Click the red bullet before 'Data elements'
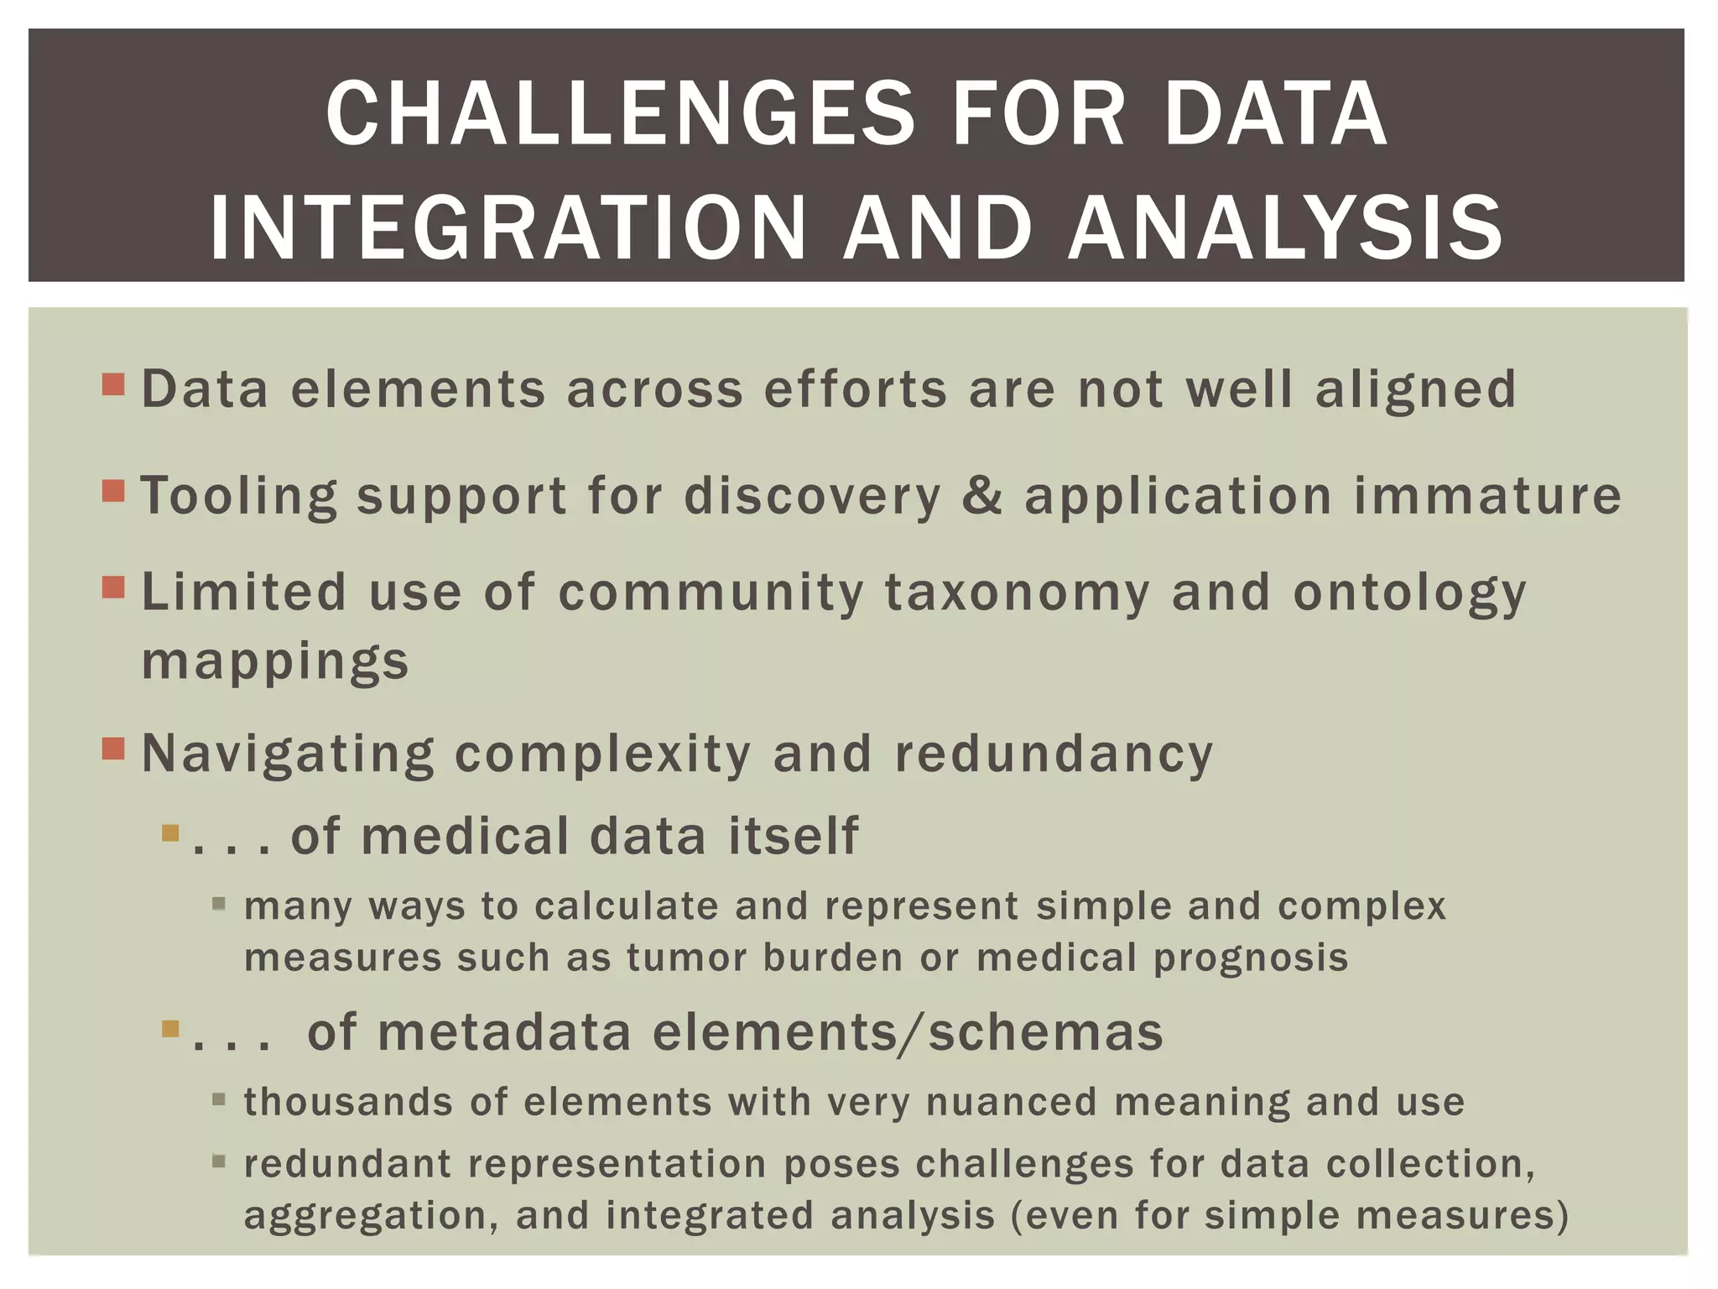(x=113, y=385)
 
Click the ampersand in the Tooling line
(x=982, y=494)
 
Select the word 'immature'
(x=1488, y=495)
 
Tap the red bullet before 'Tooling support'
(x=113, y=490)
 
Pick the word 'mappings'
(x=275, y=661)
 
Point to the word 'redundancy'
(x=1054, y=754)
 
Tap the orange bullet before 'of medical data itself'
(x=171, y=833)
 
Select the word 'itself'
(x=794, y=837)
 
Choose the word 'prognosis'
(x=1251, y=958)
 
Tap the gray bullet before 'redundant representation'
(x=219, y=1161)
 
